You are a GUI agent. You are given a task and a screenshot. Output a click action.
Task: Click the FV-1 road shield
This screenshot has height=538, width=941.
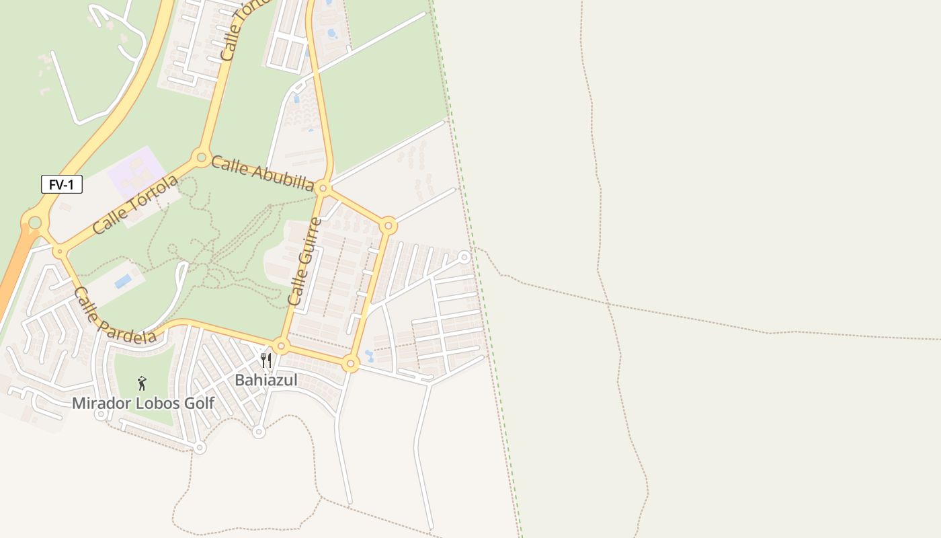point(62,184)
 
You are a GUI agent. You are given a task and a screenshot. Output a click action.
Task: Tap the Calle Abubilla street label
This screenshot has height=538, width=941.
point(263,174)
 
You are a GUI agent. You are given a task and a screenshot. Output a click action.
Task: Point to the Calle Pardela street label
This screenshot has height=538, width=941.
point(114,316)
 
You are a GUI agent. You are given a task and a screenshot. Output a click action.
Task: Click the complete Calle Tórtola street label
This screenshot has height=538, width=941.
point(136,204)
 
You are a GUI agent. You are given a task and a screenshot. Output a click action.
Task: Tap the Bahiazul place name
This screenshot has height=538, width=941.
point(265,380)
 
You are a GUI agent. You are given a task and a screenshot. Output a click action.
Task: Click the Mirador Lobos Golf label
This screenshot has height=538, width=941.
point(143,403)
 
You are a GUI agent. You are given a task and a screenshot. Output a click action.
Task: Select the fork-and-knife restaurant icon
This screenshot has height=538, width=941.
point(266,361)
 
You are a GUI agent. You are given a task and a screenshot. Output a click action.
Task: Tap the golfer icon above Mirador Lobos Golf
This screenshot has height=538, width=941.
point(142,383)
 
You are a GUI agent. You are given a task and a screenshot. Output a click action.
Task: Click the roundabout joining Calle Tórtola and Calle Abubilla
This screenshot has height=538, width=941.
point(200,158)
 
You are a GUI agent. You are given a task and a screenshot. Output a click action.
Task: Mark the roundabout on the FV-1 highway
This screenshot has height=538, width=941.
point(34,222)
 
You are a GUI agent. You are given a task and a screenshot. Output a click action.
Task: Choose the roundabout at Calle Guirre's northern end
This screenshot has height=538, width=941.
point(323,188)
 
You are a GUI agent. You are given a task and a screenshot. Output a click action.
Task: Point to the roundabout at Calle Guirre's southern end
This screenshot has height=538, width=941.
point(282,346)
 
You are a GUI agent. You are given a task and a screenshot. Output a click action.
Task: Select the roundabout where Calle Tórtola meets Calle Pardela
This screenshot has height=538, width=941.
point(60,252)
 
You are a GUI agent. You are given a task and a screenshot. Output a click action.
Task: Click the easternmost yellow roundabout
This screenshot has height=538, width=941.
point(388,225)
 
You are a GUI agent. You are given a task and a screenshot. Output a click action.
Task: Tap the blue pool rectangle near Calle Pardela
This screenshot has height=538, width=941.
point(123,281)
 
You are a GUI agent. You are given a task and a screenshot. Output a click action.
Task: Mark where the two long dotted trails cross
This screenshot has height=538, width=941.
point(609,305)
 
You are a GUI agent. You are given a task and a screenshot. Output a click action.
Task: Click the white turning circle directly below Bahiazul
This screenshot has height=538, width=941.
point(259,432)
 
